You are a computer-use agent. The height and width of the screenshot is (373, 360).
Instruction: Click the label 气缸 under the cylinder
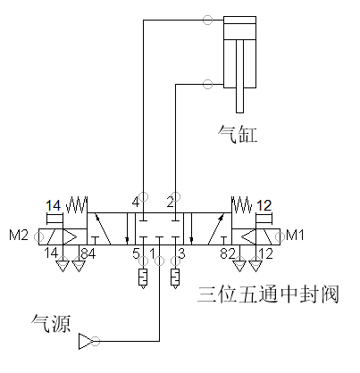pos(238,134)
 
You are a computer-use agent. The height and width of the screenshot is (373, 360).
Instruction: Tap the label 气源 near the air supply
pos(51,323)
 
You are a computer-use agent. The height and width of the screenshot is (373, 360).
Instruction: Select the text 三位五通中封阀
pos(268,294)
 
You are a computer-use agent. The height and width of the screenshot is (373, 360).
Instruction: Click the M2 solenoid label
pos(19,235)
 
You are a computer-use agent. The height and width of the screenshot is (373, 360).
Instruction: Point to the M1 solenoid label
pos(295,235)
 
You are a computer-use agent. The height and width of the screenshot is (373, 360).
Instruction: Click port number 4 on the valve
pos(136,203)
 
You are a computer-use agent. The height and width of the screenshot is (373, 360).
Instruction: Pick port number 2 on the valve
pos(170,203)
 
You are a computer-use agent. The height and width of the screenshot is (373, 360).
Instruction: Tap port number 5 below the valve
pos(136,253)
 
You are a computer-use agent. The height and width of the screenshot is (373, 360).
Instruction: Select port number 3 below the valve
pos(181,253)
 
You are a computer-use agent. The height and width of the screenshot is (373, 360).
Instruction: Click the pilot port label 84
pos(88,253)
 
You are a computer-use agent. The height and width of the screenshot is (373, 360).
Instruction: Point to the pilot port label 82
pos(228,253)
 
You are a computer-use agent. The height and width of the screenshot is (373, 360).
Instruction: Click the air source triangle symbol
pos(85,341)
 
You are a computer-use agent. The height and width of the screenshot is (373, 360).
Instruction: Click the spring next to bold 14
pos(76,204)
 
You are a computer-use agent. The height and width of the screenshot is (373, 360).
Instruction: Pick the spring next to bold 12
pos(242,204)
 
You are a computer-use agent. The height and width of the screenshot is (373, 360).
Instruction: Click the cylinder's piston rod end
pos(239,112)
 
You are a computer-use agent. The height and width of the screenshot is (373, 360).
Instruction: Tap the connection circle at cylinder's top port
pos(207,20)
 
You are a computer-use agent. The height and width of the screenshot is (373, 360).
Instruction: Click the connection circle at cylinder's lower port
pos(207,84)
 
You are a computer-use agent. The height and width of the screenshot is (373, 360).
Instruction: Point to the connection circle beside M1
pos(280,237)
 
